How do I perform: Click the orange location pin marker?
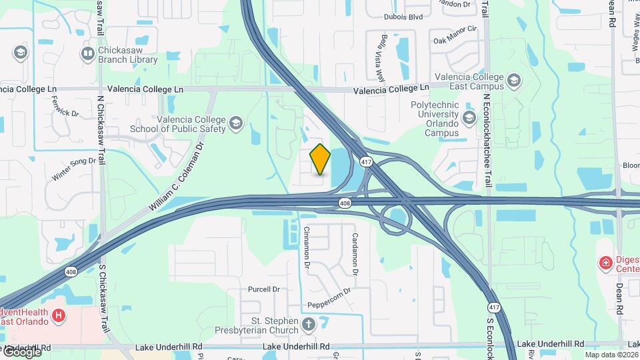[321, 159]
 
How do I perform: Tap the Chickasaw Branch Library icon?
[87, 53]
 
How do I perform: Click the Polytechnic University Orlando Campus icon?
[469, 118]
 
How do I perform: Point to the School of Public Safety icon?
[235, 123]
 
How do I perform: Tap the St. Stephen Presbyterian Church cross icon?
[308, 325]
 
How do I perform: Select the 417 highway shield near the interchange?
[366, 162]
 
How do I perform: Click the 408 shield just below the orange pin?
[344, 203]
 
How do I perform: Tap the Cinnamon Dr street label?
[307, 247]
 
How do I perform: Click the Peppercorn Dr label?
[329, 297]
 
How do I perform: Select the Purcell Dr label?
[263, 289]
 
